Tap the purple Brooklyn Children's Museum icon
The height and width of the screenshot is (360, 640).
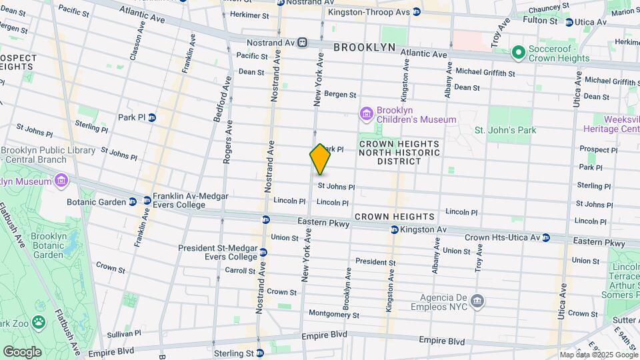[x=365, y=114]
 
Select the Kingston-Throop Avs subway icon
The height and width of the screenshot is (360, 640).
[x=416, y=12]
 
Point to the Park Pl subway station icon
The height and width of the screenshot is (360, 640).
[x=152, y=118]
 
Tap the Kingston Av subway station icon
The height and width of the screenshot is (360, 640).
[x=395, y=230]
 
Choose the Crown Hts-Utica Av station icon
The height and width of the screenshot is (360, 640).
[x=546, y=237]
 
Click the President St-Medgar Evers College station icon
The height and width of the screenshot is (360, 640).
[x=263, y=253]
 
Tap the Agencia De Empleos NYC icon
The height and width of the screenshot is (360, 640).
[x=477, y=301]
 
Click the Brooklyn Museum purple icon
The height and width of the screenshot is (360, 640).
[x=61, y=181]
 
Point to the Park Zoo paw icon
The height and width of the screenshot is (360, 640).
[x=39, y=322]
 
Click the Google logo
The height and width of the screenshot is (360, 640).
[x=22, y=351]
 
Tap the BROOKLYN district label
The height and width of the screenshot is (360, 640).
[x=365, y=47]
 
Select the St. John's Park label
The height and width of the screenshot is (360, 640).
[x=505, y=130]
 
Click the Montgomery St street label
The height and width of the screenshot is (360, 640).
[x=334, y=315]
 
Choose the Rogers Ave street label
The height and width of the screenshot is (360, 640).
[x=228, y=142]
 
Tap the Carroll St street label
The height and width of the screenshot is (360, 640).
[x=239, y=271]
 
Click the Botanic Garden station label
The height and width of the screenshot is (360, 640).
[x=96, y=201]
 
